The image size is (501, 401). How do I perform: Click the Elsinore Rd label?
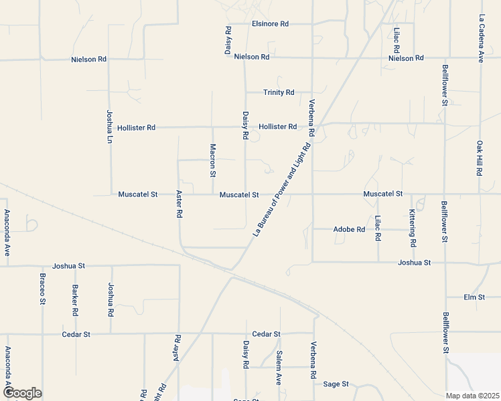(x=270, y=23)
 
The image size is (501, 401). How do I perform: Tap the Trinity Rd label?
(x=279, y=92)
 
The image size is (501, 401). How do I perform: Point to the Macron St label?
(x=212, y=160)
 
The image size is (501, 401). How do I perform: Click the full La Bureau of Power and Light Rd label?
(x=283, y=190)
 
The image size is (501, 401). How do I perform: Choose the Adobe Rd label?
(x=349, y=229)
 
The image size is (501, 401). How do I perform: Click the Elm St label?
(x=474, y=297)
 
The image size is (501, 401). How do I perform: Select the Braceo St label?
(x=42, y=289)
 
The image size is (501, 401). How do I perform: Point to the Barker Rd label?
(x=76, y=300)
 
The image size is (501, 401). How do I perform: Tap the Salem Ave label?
(x=279, y=368)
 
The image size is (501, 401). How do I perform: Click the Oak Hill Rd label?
(x=480, y=158)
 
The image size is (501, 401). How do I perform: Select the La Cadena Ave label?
(x=481, y=39)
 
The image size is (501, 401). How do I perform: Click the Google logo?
(x=22, y=393)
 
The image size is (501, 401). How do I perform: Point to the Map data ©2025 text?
(x=473, y=396)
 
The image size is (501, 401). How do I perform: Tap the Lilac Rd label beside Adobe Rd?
(x=378, y=228)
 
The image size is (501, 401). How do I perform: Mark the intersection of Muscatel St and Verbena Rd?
(x=312, y=194)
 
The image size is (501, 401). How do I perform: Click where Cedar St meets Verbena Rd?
(x=313, y=333)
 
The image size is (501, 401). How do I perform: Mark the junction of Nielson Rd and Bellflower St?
(x=446, y=58)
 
